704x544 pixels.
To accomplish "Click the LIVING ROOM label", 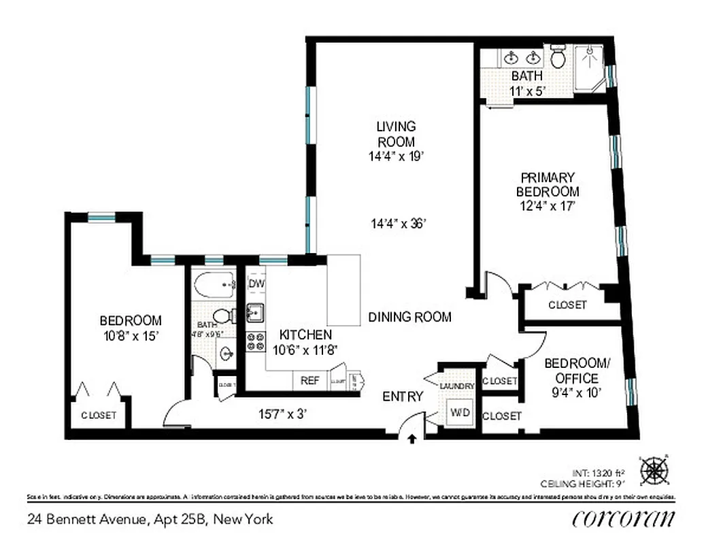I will (x=396, y=134).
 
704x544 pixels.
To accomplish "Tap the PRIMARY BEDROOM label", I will (x=548, y=184).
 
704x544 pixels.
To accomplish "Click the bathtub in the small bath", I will (x=214, y=284).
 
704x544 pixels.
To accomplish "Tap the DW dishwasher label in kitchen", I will (x=256, y=283).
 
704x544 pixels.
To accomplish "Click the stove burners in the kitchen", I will (x=256, y=341).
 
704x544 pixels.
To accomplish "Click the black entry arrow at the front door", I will (x=411, y=440).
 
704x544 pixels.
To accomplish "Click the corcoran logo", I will (x=624, y=518).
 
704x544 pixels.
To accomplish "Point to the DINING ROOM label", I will (x=409, y=317).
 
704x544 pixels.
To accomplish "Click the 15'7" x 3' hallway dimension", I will (x=286, y=413).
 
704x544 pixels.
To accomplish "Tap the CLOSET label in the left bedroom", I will (x=99, y=415).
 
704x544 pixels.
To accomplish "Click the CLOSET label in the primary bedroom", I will (x=567, y=305).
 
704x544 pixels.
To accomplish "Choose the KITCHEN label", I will (x=305, y=335).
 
